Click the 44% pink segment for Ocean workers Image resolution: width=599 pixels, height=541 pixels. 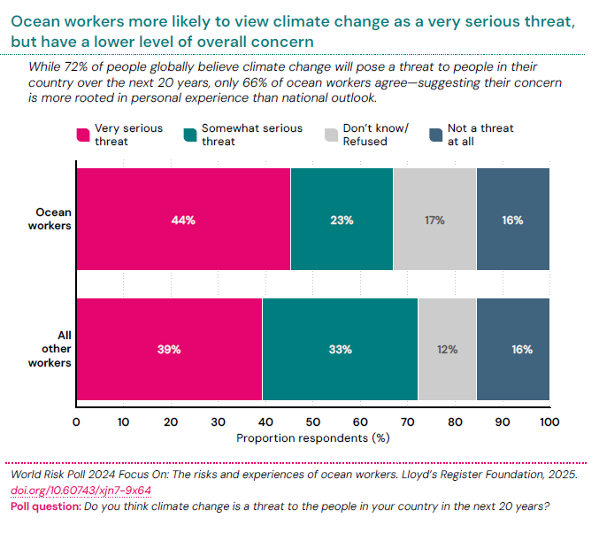pyautogui.click(x=183, y=220)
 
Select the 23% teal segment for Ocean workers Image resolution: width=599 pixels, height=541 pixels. pyautogui.click(x=342, y=220)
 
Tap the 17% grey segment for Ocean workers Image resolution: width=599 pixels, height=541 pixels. pyautogui.click(x=434, y=220)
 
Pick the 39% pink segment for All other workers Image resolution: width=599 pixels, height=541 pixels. pyautogui.click(x=169, y=349)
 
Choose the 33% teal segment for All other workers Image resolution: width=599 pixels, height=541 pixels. pyautogui.click(x=340, y=349)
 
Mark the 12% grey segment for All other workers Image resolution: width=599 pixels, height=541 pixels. pyautogui.click(x=447, y=349)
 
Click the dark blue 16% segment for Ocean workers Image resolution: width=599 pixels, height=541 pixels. pyautogui.click(x=512, y=220)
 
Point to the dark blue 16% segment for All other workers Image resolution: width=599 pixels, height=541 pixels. pyautogui.click(x=512, y=349)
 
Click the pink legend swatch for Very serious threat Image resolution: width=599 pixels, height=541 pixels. pyautogui.click(x=84, y=135)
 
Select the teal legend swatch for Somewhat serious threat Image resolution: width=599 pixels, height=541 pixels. pyautogui.click(x=189, y=135)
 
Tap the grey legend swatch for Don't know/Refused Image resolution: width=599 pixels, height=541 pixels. pyautogui.click(x=331, y=135)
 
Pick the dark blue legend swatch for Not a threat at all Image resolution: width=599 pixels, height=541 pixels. pyautogui.click(x=435, y=135)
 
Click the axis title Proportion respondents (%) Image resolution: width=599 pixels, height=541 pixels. pyautogui.click(x=313, y=437)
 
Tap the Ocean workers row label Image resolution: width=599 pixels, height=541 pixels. pyautogui.click(x=53, y=219)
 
